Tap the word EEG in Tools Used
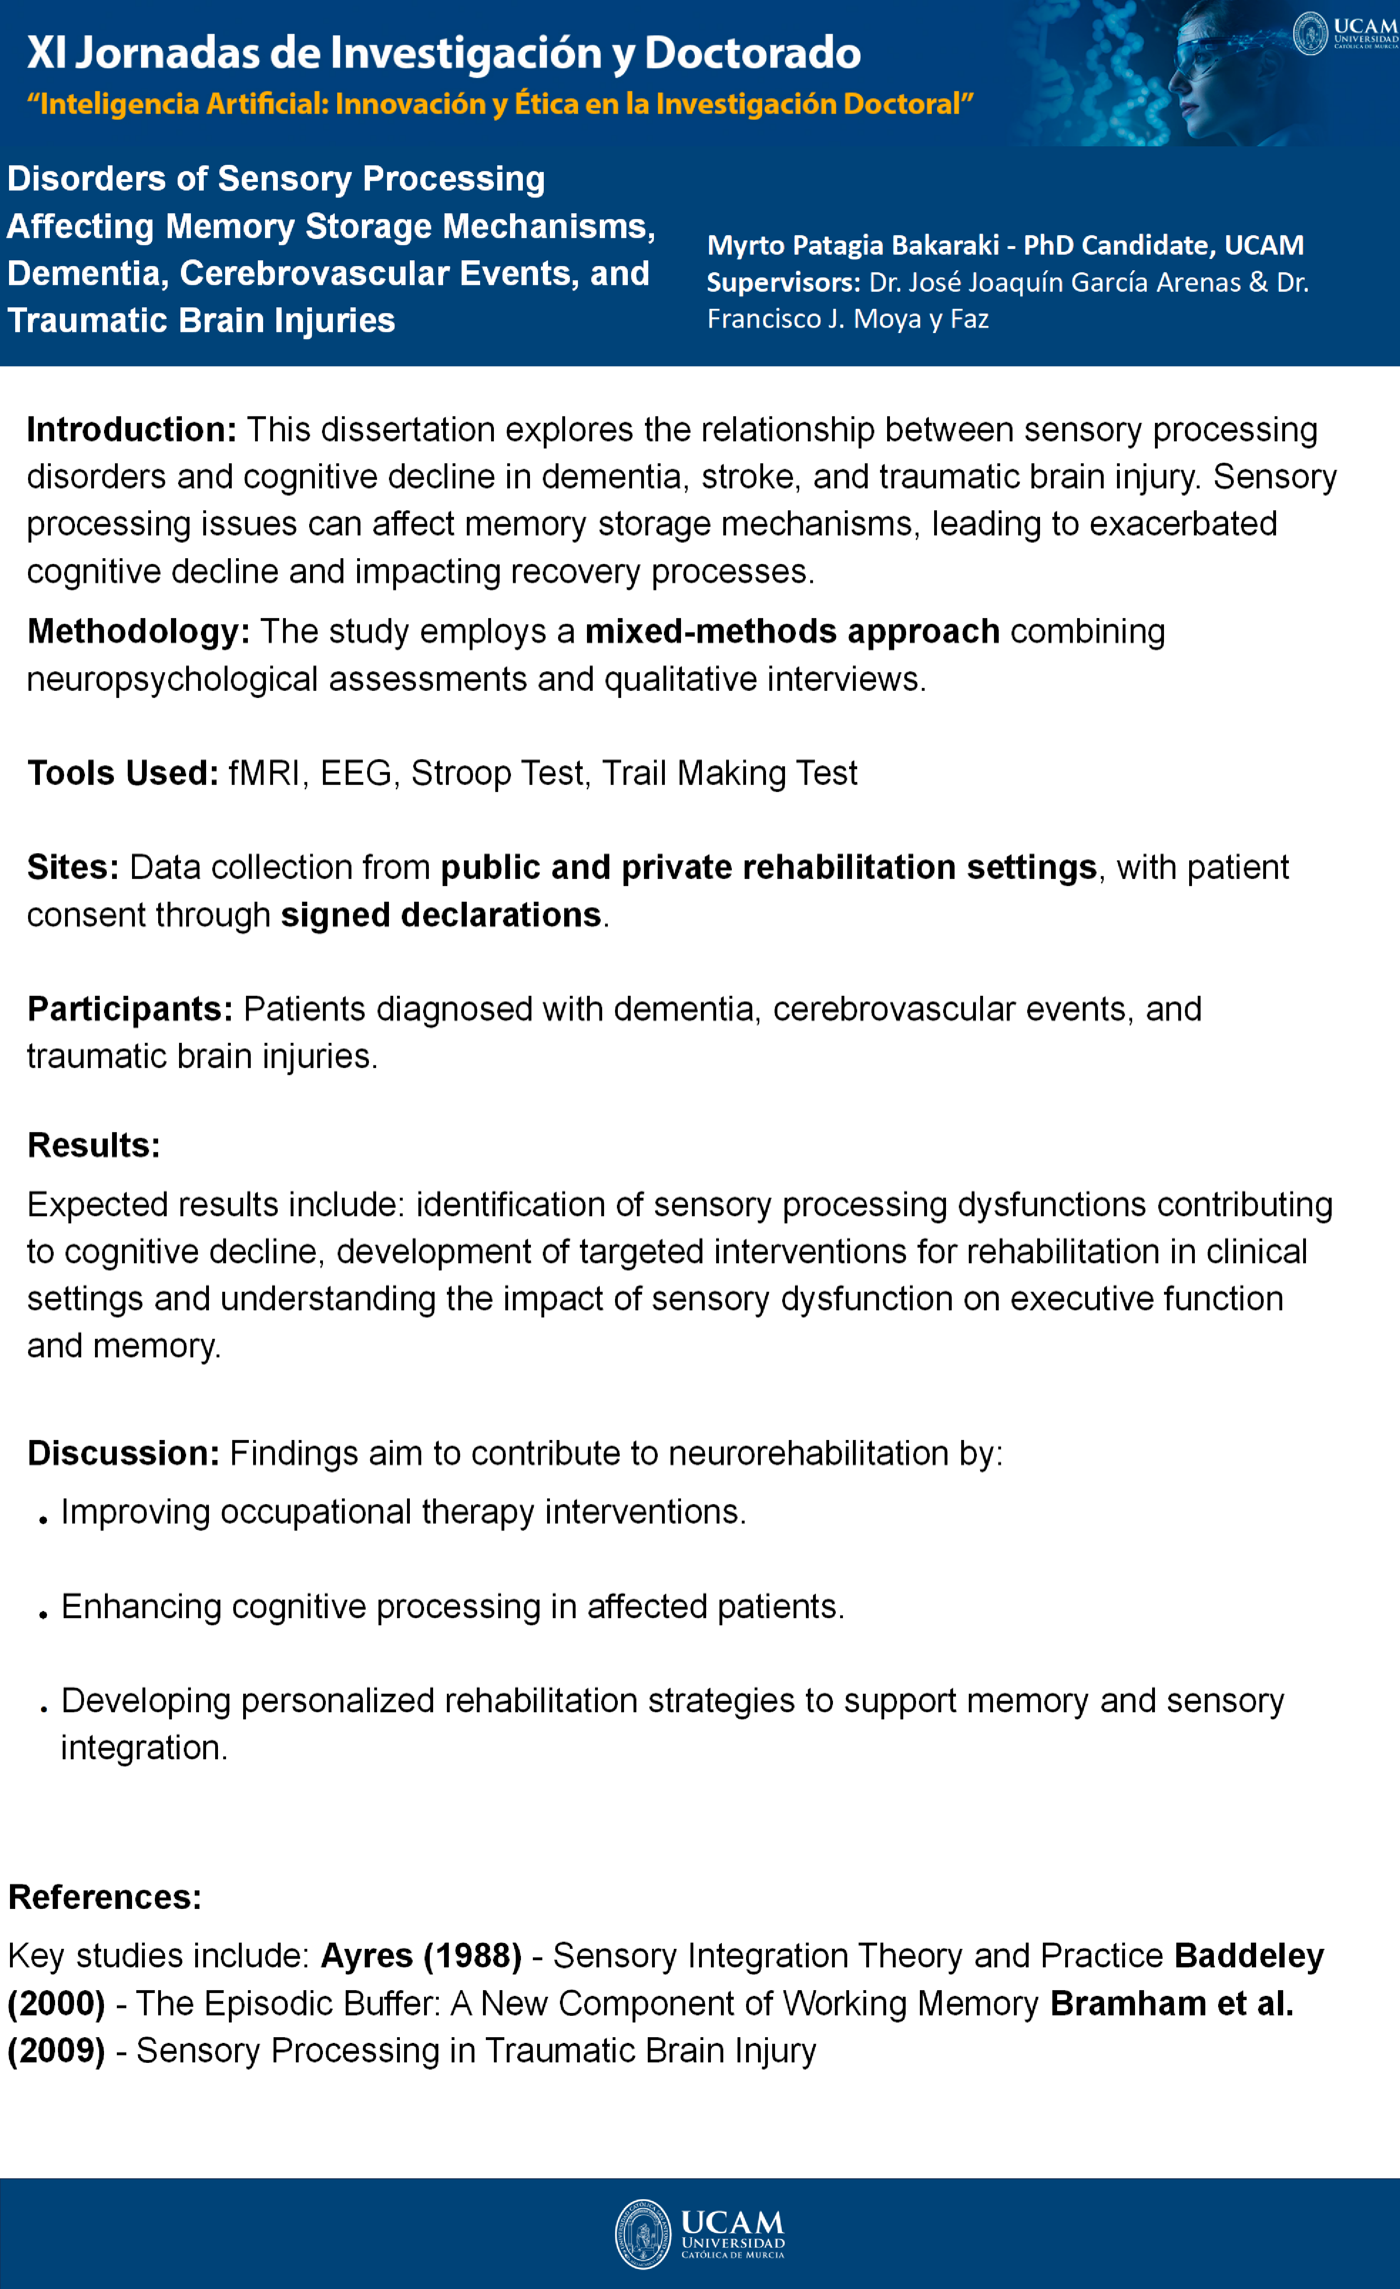[x=356, y=773]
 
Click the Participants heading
[x=129, y=1009]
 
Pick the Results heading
[x=93, y=1145]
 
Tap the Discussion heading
[x=123, y=1453]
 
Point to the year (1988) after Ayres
[x=472, y=1957]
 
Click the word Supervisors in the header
[x=783, y=283]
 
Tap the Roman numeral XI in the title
[x=47, y=53]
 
